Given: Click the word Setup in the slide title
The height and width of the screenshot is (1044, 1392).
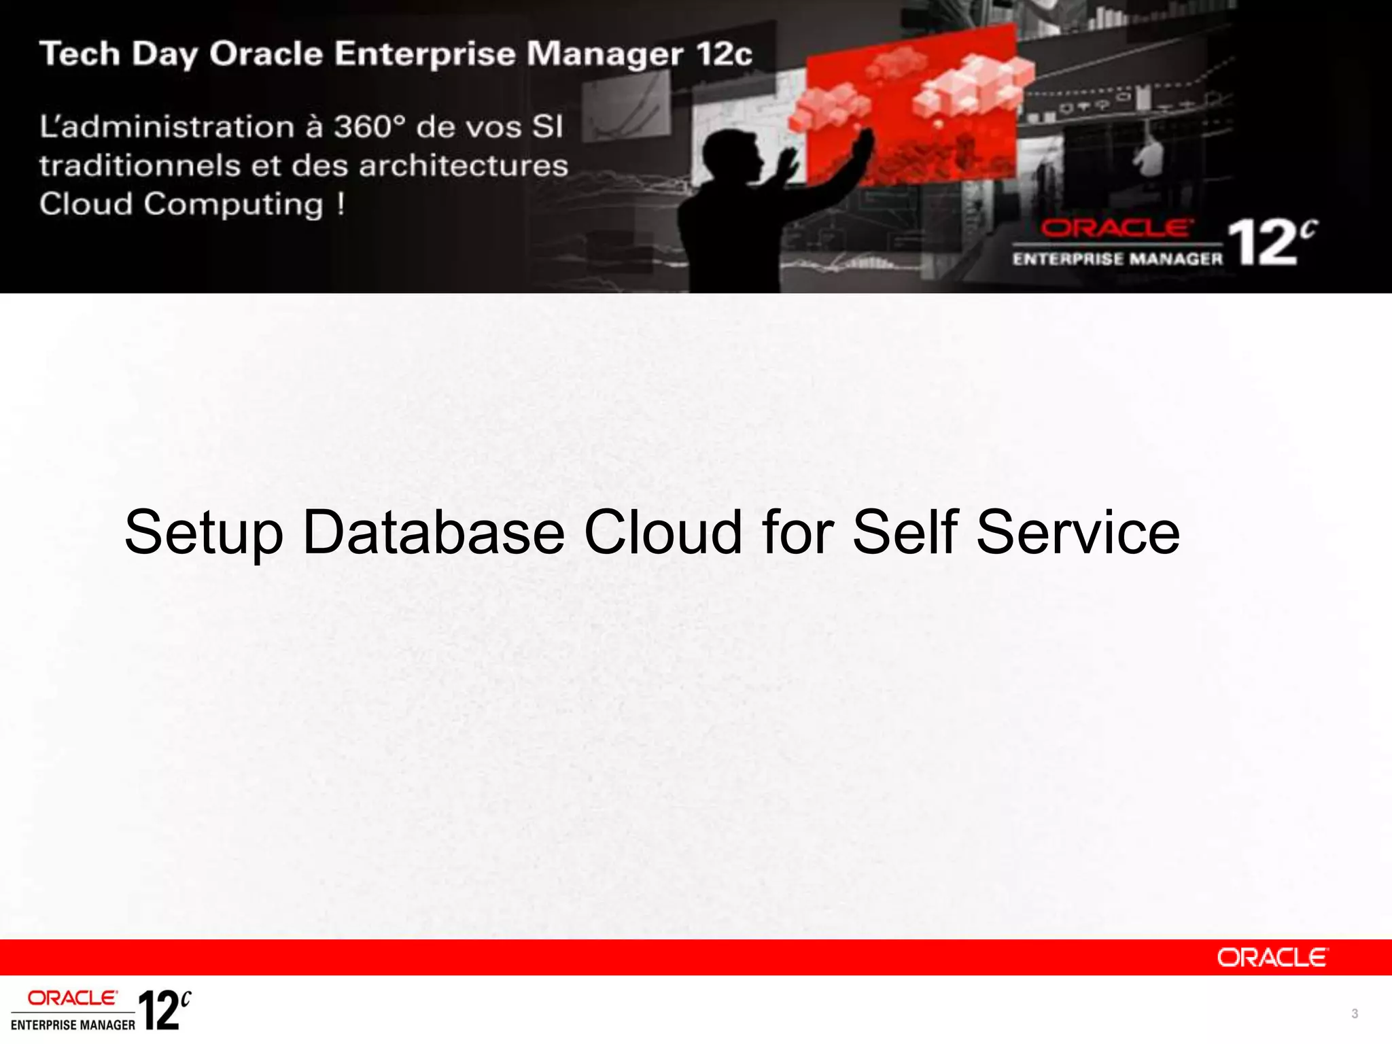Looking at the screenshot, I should [203, 534].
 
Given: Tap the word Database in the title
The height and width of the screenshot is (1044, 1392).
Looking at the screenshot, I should [433, 532].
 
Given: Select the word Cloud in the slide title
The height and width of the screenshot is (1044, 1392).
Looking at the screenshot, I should [663, 532].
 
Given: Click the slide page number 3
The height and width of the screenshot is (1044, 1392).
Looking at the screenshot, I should [1354, 1013].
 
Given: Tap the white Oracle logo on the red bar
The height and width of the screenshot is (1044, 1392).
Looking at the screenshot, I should [1271, 958].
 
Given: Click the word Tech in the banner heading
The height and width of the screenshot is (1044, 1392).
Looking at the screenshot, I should [80, 54].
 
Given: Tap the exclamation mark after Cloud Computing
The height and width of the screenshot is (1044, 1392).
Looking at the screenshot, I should [341, 203].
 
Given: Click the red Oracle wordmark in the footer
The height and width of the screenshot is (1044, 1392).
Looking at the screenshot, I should [72, 998].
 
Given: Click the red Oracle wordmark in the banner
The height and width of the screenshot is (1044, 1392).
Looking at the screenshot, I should [1115, 228].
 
